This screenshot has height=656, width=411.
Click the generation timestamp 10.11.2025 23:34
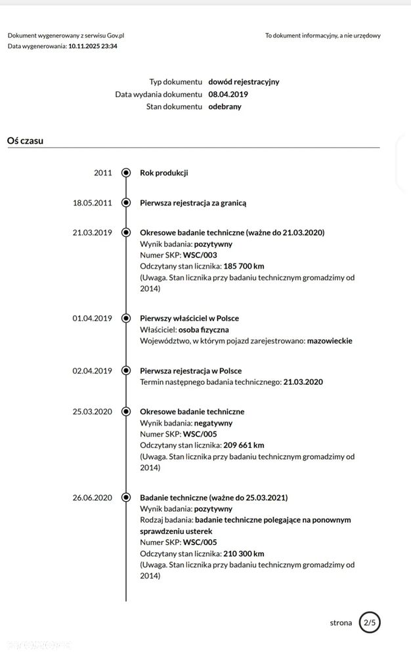(x=93, y=46)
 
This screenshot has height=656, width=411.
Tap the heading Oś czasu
(x=25, y=140)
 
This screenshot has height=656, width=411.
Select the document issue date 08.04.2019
(x=228, y=94)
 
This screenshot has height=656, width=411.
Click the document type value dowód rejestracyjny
(x=244, y=82)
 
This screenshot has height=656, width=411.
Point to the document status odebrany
(x=225, y=106)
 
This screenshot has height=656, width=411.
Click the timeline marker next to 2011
(x=126, y=173)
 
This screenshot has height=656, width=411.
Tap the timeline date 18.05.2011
(x=92, y=203)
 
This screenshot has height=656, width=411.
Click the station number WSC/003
(x=200, y=255)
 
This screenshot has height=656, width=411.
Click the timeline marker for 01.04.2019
(x=126, y=318)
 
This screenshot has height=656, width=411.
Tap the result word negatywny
(x=213, y=423)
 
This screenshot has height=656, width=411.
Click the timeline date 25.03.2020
(x=92, y=412)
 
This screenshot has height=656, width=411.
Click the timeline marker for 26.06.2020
(x=126, y=498)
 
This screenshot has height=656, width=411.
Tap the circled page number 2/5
(x=370, y=623)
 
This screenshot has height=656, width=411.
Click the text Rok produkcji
(x=163, y=173)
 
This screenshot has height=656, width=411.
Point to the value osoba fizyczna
(x=204, y=330)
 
